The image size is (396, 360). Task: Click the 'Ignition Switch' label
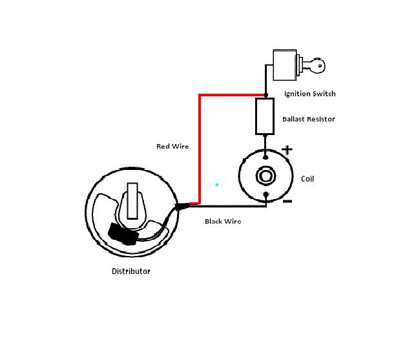click(x=310, y=94)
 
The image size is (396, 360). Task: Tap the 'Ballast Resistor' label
click(x=309, y=119)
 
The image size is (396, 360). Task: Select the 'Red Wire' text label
click(x=172, y=146)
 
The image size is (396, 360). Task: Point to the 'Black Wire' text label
click(x=223, y=221)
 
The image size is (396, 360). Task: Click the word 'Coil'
click(x=307, y=179)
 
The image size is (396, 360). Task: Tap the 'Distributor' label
click(x=131, y=271)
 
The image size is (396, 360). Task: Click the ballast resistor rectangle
click(x=265, y=116)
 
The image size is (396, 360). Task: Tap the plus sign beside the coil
click(x=287, y=150)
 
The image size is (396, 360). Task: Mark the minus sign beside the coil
click(x=287, y=202)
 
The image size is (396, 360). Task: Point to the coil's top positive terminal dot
click(x=266, y=156)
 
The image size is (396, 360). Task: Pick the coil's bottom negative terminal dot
click(x=266, y=196)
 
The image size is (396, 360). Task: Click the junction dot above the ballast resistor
click(x=266, y=95)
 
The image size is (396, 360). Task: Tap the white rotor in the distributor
click(x=132, y=200)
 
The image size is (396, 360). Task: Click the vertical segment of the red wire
click(x=200, y=149)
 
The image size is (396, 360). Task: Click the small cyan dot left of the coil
click(x=217, y=185)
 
